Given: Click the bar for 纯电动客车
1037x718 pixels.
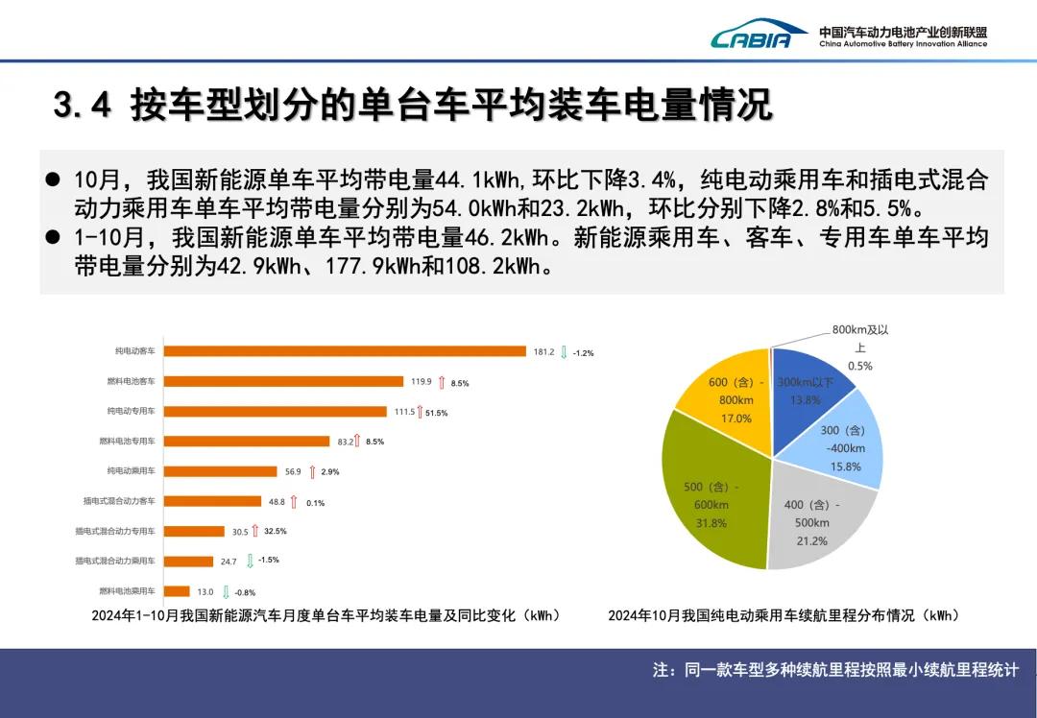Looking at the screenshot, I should tap(345, 351).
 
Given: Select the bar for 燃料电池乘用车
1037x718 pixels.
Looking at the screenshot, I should tap(177, 591).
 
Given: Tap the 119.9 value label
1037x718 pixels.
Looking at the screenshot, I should tap(421, 382).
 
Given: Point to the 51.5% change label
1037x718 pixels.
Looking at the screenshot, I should tap(436, 413).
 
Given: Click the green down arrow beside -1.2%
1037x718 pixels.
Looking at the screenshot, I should tap(565, 352).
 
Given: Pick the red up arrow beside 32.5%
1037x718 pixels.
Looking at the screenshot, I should tap(255, 531).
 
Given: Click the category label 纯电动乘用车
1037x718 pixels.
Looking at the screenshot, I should tap(131, 471).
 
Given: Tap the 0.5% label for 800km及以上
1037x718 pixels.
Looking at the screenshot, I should tap(859, 366).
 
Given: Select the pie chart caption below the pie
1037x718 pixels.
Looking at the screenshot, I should tap(783, 615).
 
